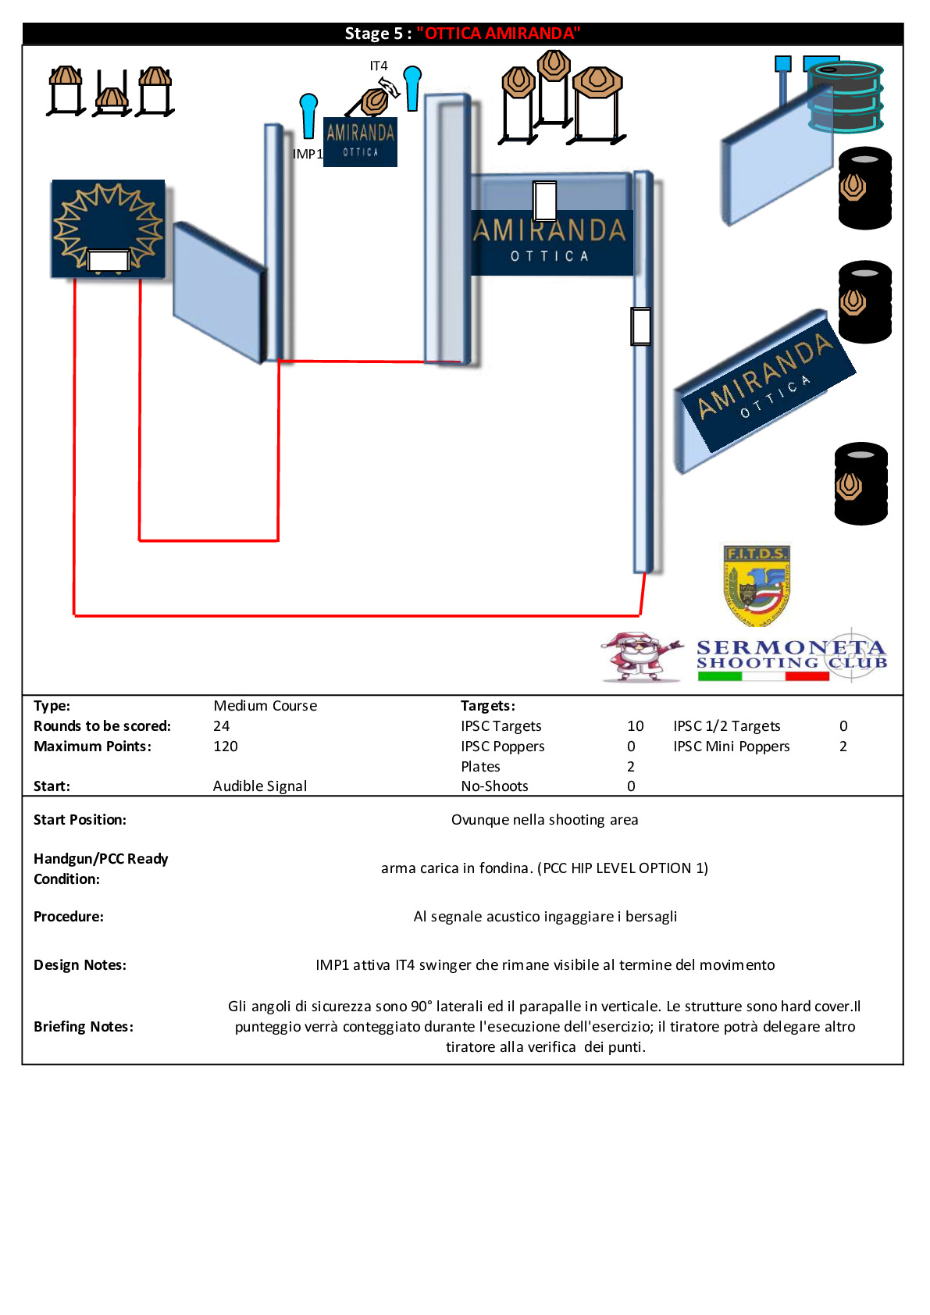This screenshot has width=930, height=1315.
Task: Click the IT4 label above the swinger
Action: click(379, 65)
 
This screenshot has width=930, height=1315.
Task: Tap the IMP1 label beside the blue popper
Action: click(308, 154)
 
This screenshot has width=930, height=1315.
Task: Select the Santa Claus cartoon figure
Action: click(640, 656)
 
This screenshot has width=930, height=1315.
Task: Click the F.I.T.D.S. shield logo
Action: click(756, 585)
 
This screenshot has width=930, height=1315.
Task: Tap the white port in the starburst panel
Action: click(108, 260)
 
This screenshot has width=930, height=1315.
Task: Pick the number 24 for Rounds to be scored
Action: click(221, 725)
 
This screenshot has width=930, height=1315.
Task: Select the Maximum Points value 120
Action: click(226, 747)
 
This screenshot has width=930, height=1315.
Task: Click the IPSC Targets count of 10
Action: click(636, 725)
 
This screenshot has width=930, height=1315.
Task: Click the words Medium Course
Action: click(265, 706)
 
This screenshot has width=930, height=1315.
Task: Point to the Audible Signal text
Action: click(259, 786)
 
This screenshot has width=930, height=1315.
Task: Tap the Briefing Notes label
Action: click(84, 1026)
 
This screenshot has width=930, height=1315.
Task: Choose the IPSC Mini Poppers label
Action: click(732, 747)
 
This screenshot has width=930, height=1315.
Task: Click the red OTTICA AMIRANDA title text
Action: click(498, 34)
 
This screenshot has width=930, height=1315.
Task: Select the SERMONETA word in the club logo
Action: click(791, 647)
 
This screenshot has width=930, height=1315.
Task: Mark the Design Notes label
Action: click(80, 964)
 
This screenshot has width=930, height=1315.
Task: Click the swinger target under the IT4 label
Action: click(375, 101)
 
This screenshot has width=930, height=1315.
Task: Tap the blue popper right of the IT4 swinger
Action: click(412, 88)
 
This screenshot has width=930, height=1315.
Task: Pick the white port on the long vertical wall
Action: click(640, 326)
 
